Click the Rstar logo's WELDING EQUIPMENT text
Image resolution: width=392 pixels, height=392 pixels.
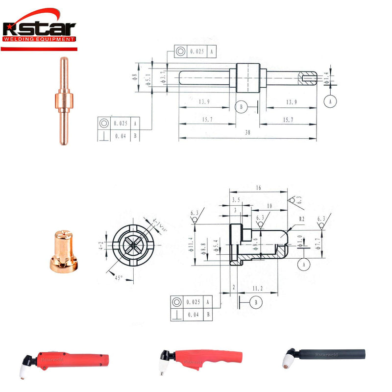[39, 39]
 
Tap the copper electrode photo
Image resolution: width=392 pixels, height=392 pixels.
[63, 101]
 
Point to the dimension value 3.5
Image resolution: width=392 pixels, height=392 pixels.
[236, 200]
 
